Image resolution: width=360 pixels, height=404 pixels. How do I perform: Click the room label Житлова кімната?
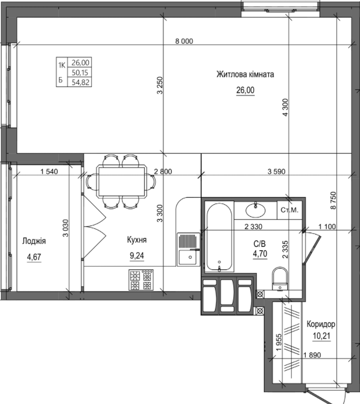245,74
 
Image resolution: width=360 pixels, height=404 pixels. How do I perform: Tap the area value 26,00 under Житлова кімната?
245,91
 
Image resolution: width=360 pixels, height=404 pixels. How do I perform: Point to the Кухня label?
136,240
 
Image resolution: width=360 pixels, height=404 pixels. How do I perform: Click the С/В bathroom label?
260,243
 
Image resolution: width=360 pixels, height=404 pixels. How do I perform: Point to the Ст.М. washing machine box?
290,210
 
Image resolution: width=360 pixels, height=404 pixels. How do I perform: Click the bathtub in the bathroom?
219,238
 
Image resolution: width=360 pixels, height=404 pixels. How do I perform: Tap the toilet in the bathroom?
280,278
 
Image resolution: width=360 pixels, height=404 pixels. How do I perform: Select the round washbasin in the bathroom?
255,209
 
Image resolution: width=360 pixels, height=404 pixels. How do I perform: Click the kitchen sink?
187,248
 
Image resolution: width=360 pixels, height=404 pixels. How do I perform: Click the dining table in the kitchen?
122,181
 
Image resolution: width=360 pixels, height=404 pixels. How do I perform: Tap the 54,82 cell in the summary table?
80,82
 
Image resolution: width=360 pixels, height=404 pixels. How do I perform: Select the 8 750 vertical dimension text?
333,199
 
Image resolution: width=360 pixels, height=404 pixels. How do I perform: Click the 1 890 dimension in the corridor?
313,356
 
